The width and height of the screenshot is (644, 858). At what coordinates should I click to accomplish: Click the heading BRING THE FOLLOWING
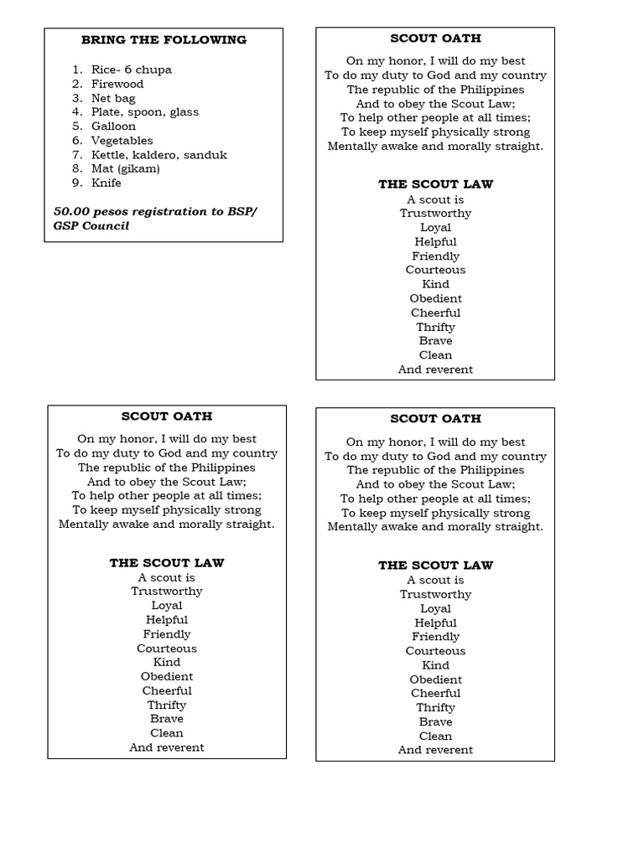pos(164,39)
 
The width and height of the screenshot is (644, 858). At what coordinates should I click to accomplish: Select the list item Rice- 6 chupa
pos(131,70)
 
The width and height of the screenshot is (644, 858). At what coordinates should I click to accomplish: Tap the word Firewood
pos(117,84)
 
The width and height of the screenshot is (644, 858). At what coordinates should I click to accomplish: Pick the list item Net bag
pos(113,98)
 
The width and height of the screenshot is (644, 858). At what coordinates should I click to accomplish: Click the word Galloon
pos(113,127)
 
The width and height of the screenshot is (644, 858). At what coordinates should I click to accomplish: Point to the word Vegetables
pos(122,141)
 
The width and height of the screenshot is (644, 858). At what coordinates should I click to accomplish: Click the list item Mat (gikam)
pos(125,168)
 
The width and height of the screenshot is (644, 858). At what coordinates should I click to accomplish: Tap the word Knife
pos(106,183)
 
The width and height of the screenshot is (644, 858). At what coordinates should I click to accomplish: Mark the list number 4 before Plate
pos(75,112)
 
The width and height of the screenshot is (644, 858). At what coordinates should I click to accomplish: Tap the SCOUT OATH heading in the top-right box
pos(435,39)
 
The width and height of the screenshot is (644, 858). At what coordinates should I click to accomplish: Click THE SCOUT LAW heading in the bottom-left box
pos(166,563)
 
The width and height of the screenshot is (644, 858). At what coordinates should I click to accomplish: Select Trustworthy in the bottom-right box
pos(435,595)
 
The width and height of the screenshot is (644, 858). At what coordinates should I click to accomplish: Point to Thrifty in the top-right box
pos(435,327)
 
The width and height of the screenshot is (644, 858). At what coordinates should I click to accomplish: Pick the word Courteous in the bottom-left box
pos(166,649)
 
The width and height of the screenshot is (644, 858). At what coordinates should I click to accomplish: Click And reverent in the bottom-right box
pos(435,750)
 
